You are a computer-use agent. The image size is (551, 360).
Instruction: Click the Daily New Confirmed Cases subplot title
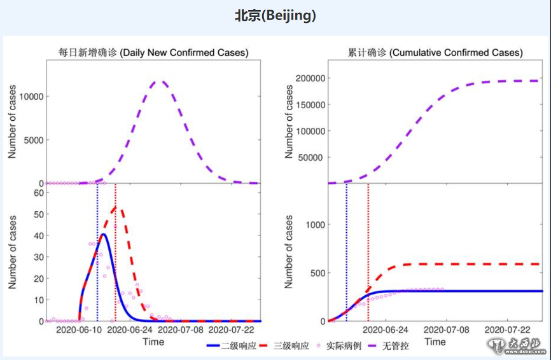(153, 53)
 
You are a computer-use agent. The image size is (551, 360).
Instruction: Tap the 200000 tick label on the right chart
(307, 78)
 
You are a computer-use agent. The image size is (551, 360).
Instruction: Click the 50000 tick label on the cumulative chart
(310, 158)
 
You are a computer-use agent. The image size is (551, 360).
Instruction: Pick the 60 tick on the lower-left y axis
(38, 193)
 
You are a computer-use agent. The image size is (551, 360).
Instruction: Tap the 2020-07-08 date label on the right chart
(445, 330)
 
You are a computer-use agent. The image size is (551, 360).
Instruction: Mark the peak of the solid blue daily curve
(103, 234)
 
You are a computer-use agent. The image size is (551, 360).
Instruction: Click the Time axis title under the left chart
(153, 342)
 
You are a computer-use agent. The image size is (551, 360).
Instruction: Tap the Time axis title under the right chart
(435, 342)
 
